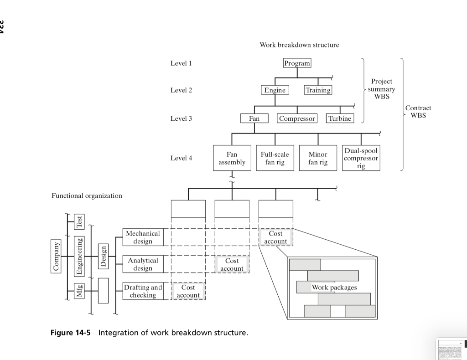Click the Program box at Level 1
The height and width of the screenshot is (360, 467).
tap(297, 63)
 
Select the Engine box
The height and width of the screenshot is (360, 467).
tap(275, 90)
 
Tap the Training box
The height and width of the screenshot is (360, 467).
tap(318, 90)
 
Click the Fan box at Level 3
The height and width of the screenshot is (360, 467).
tap(254, 118)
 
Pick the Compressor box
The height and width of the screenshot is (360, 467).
tap(297, 118)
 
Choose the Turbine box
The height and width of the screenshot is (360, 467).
tap(340, 118)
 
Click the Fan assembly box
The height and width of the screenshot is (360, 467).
tap(232, 158)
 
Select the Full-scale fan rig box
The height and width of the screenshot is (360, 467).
tap(275, 158)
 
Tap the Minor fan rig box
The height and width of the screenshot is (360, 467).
tap(318, 158)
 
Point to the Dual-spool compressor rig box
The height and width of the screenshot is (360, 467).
tap(361, 158)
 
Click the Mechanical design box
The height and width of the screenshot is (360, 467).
tap(143, 237)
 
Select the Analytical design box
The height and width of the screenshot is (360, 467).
tap(143, 264)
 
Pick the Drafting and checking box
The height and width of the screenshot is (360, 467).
tap(143, 291)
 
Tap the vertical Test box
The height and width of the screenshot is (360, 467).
tap(80, 221)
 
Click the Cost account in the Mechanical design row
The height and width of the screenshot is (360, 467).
tap(275, 237)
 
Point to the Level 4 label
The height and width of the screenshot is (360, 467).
tap(181, 158)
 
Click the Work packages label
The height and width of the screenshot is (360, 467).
tap(334, 287)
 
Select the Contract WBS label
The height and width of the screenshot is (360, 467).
tap(418, 112)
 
